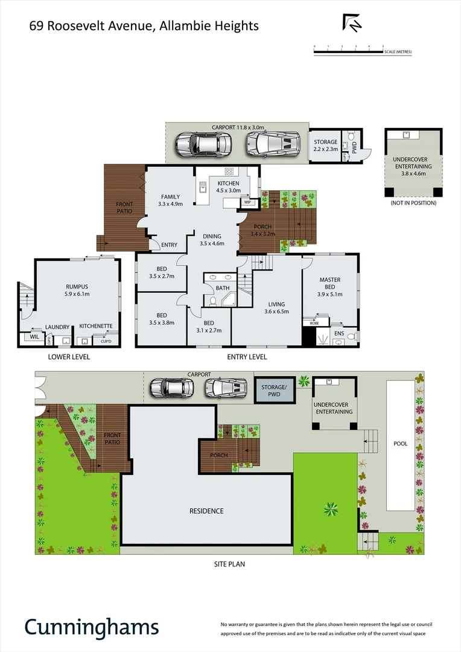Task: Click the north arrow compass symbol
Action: point(352,22)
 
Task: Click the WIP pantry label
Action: point(247,203)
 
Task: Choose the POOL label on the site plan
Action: point(401,444)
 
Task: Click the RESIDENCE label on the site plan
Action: point(206,511)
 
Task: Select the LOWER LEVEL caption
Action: point(69,357)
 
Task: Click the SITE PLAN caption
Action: point(229,564)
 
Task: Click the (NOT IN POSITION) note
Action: point(413,203)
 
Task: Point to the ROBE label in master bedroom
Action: point(314,324)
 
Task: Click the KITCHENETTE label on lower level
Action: point(96,326)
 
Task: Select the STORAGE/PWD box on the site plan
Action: point(274,391)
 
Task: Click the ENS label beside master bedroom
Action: point(339,332)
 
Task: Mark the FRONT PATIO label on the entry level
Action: point(124,208)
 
